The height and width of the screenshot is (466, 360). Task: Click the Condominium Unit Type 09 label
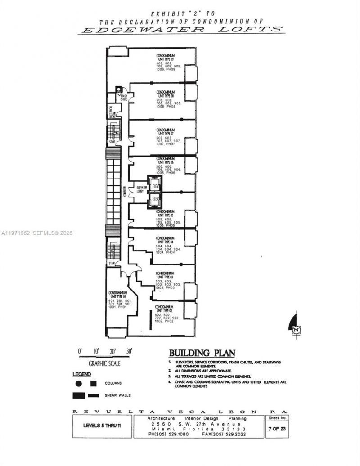point(165,57)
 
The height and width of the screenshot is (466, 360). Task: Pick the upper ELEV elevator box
point(156,186)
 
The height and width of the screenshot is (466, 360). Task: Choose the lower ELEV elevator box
point(156,198)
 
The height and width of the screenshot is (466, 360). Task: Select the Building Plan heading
point(195,353)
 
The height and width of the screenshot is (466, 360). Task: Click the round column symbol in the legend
point(78,384)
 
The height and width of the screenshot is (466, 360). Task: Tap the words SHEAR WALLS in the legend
point(117,395)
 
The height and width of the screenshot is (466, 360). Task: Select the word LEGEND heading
point(82,374)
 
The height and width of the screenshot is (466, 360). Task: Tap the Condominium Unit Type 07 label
point(165,132)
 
